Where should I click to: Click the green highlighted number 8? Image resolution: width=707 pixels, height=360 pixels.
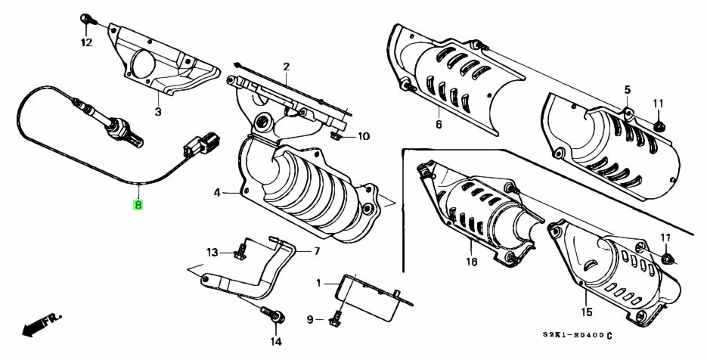pyautogui.click(x=138, y=203)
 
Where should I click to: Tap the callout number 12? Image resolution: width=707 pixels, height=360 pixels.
pyautogui.click(x=86, y=43)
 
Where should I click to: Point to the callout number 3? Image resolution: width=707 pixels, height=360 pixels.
pyautogui.click(x=157, y=113)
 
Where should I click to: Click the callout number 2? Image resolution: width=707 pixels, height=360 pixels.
pyautogui.click(x=287, y=67)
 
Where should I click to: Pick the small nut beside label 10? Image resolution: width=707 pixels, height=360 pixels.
pyautogui.click(x=336, y=136)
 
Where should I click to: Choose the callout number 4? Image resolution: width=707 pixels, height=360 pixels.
pyautogui.click(x=216, y=193)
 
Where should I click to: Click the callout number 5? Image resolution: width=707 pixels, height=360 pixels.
pyautogui.click(x=627, y=91)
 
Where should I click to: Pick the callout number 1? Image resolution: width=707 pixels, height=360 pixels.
pyautogui.click(x=319, y=283)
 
